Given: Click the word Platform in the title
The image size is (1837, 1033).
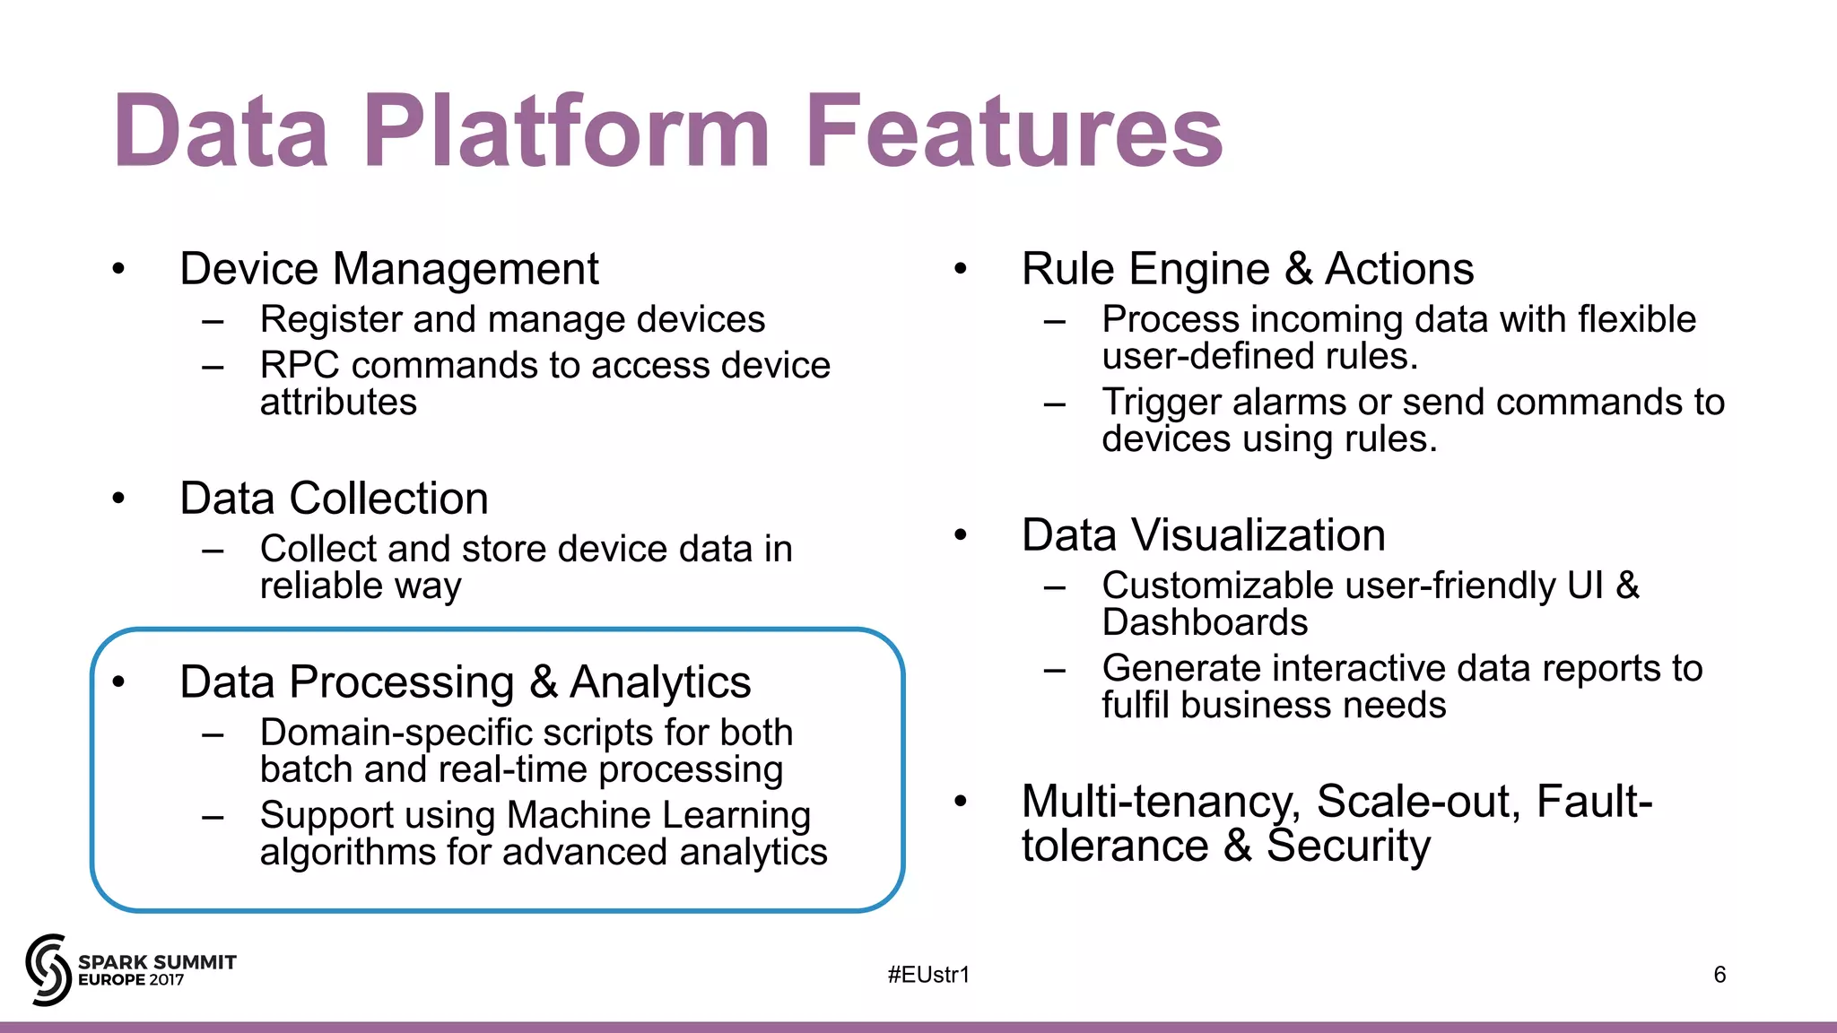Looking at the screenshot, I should pos(565,132).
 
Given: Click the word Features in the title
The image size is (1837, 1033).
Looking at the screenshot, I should pos(1014,132).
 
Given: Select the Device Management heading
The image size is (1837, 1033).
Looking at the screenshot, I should pos(388,269).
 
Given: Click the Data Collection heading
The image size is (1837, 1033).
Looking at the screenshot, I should pos(334,499).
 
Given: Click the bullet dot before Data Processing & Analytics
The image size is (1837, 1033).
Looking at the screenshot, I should pos(118,682).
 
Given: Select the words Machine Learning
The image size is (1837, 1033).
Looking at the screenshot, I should pos(658,815).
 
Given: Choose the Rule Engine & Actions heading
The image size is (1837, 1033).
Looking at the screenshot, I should pos(1247,269).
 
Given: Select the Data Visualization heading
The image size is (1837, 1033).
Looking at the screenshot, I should pos(1203,535).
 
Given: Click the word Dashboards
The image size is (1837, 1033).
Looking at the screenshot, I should pos(1205,622).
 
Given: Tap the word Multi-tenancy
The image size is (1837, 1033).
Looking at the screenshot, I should pos(1160,801).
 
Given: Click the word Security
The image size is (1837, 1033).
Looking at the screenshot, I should pos(1347,846).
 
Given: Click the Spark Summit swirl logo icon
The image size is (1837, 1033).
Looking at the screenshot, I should pos(48,969).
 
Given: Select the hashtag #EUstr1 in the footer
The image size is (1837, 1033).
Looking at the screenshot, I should pos(928,975).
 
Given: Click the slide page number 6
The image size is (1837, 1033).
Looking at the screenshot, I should pos(1719,975).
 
